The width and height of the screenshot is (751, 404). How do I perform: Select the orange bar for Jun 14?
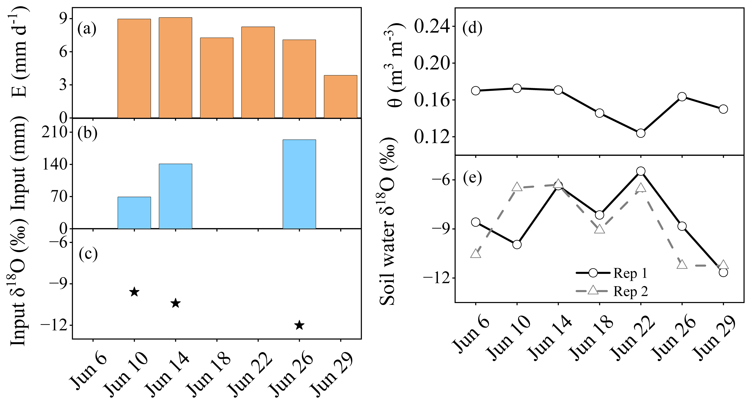click(175, 68)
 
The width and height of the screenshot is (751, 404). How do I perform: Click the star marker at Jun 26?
click(299, 325)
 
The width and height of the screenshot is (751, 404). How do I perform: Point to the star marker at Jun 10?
click(134, 292)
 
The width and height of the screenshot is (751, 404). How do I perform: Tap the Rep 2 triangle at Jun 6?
click(475, 254)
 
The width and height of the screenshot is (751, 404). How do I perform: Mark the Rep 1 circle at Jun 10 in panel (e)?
click(517, 244)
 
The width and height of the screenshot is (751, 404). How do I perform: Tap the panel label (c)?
click(88, 254)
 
